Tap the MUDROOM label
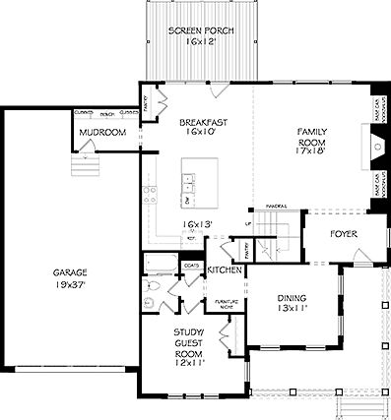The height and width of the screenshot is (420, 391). pyautogui.click(x=102, y=133)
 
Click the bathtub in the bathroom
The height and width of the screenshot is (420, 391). pyautogui.click(x=156, y=263)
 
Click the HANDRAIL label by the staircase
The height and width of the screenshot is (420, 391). pyautogui.click(x=275, y=207)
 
